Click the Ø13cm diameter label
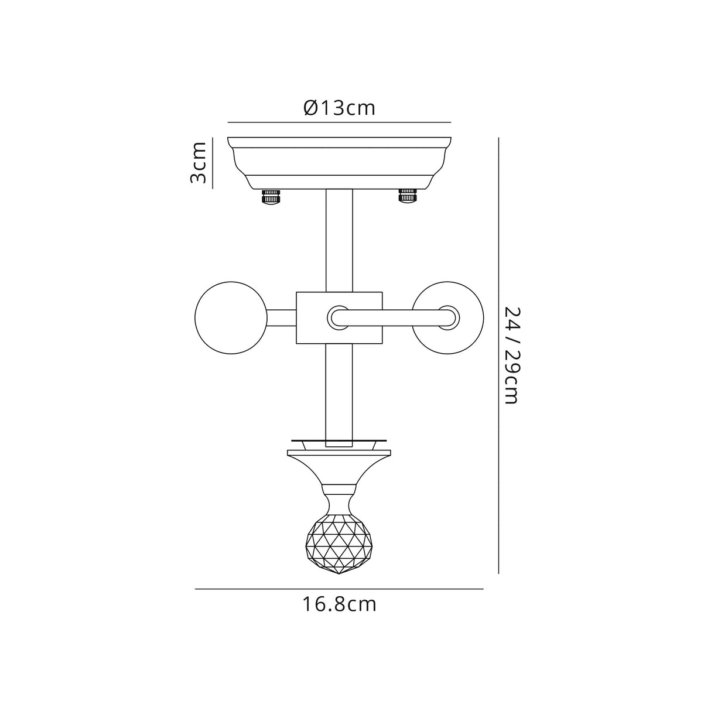tap(339, 108)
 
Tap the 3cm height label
tap(199, 162)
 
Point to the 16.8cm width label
tap(339, 604)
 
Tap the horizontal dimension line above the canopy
tap(339, 122)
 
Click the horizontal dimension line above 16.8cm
tap(339, 589)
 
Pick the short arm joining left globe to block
tap(282, 318)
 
